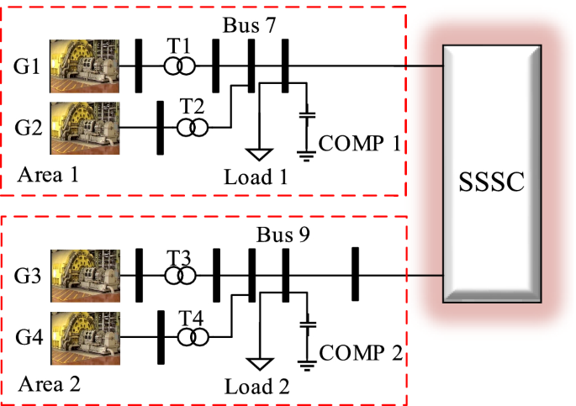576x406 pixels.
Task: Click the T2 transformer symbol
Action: [192, 128]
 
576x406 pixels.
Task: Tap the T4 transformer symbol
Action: [192, 337]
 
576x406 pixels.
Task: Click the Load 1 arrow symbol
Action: [259, 155]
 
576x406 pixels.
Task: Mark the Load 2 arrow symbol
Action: [259, 364]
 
